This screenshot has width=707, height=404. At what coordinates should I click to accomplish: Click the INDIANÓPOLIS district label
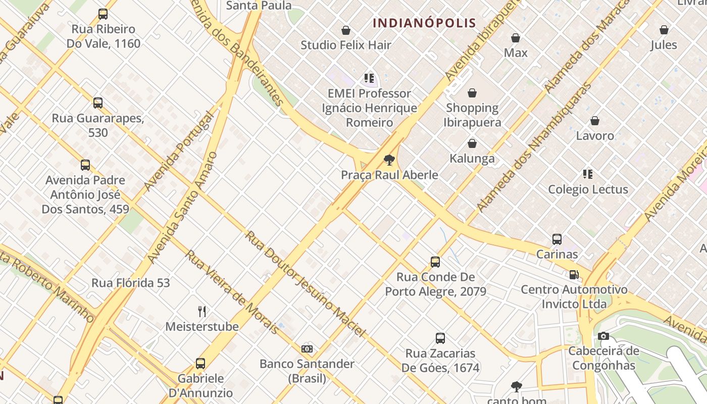(x=424, y=23)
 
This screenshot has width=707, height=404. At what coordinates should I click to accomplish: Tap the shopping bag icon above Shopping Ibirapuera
(x=472, y=93)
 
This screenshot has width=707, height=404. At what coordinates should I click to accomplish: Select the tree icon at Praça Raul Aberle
(x=389, y=161)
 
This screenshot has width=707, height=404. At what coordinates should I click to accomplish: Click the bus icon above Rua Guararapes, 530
(x=98, y=103)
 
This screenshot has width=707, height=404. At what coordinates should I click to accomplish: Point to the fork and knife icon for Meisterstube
(x=202, y=311)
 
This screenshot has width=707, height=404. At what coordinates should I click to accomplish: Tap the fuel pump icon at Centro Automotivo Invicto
(x=574, y=275)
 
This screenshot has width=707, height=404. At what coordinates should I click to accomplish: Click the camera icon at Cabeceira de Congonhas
(x=603, y=336)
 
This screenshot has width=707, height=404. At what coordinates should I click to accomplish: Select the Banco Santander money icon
(x=307, y=349)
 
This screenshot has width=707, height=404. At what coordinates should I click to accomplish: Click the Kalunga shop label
(x=472, y=159)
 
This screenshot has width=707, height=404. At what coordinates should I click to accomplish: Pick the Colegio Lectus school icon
(x=588, y=174)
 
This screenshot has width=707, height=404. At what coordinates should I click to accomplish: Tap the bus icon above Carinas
(x=557, y=239)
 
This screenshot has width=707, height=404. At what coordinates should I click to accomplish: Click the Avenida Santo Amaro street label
(x=183, y=207)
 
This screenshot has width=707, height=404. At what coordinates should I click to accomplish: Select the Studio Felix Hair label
(x=346, y=45)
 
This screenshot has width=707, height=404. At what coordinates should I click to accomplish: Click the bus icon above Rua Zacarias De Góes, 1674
(x=440, y=338)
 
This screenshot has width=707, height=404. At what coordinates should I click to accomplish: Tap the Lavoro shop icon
(x=595, y=121)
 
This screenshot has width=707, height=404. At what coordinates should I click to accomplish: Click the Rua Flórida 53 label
(x=131, y=283)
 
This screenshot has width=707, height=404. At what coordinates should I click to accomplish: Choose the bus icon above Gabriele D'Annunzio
(x=200, y=364)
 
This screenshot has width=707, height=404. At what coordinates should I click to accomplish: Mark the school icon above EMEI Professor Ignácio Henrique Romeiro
(x=369, y=78)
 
